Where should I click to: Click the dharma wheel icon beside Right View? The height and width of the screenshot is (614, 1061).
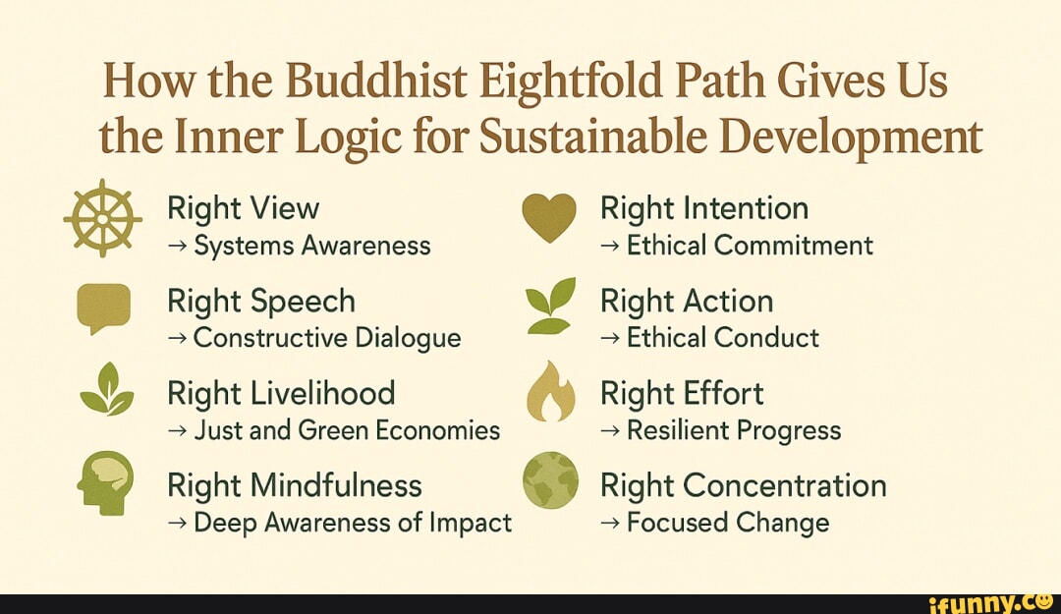coord(102,219)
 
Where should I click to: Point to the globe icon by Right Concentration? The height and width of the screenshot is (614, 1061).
coord(549,480)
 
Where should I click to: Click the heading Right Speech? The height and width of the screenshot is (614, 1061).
coord(261,301)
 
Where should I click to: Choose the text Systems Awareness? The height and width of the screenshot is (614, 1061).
coord(312,246)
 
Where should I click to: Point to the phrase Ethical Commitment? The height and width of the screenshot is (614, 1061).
coord(750,246)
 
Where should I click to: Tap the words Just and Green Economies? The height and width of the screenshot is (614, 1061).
coord(347,430)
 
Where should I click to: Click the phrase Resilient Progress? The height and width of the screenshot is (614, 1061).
coord(733,430)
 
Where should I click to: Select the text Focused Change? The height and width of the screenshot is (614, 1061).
coord(727,523)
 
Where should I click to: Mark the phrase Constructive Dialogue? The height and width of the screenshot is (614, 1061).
coord(327,338)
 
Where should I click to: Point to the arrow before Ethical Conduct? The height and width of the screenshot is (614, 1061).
coord(610,338)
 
